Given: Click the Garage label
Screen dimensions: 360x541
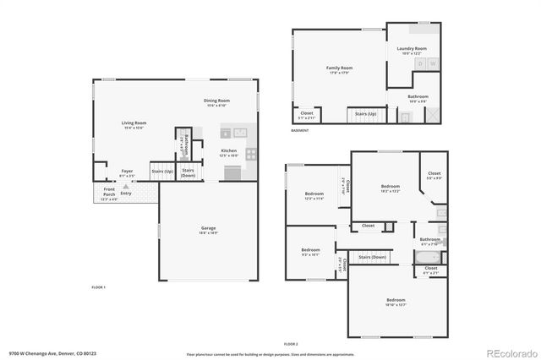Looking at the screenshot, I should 209,230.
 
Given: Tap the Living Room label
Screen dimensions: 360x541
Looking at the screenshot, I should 134,124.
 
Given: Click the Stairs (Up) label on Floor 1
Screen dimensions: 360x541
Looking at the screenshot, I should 161,172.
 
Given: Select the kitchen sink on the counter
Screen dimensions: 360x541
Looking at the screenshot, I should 233,133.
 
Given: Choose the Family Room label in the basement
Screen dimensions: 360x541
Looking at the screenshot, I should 340,68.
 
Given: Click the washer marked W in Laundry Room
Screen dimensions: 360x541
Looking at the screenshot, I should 433,64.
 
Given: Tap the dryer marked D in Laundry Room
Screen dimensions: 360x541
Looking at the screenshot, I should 419,64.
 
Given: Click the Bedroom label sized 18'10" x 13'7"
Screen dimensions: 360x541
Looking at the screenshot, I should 396,302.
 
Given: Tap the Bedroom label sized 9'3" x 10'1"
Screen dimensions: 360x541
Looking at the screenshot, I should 310,251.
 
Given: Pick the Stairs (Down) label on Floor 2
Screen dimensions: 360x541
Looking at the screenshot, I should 372,257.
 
